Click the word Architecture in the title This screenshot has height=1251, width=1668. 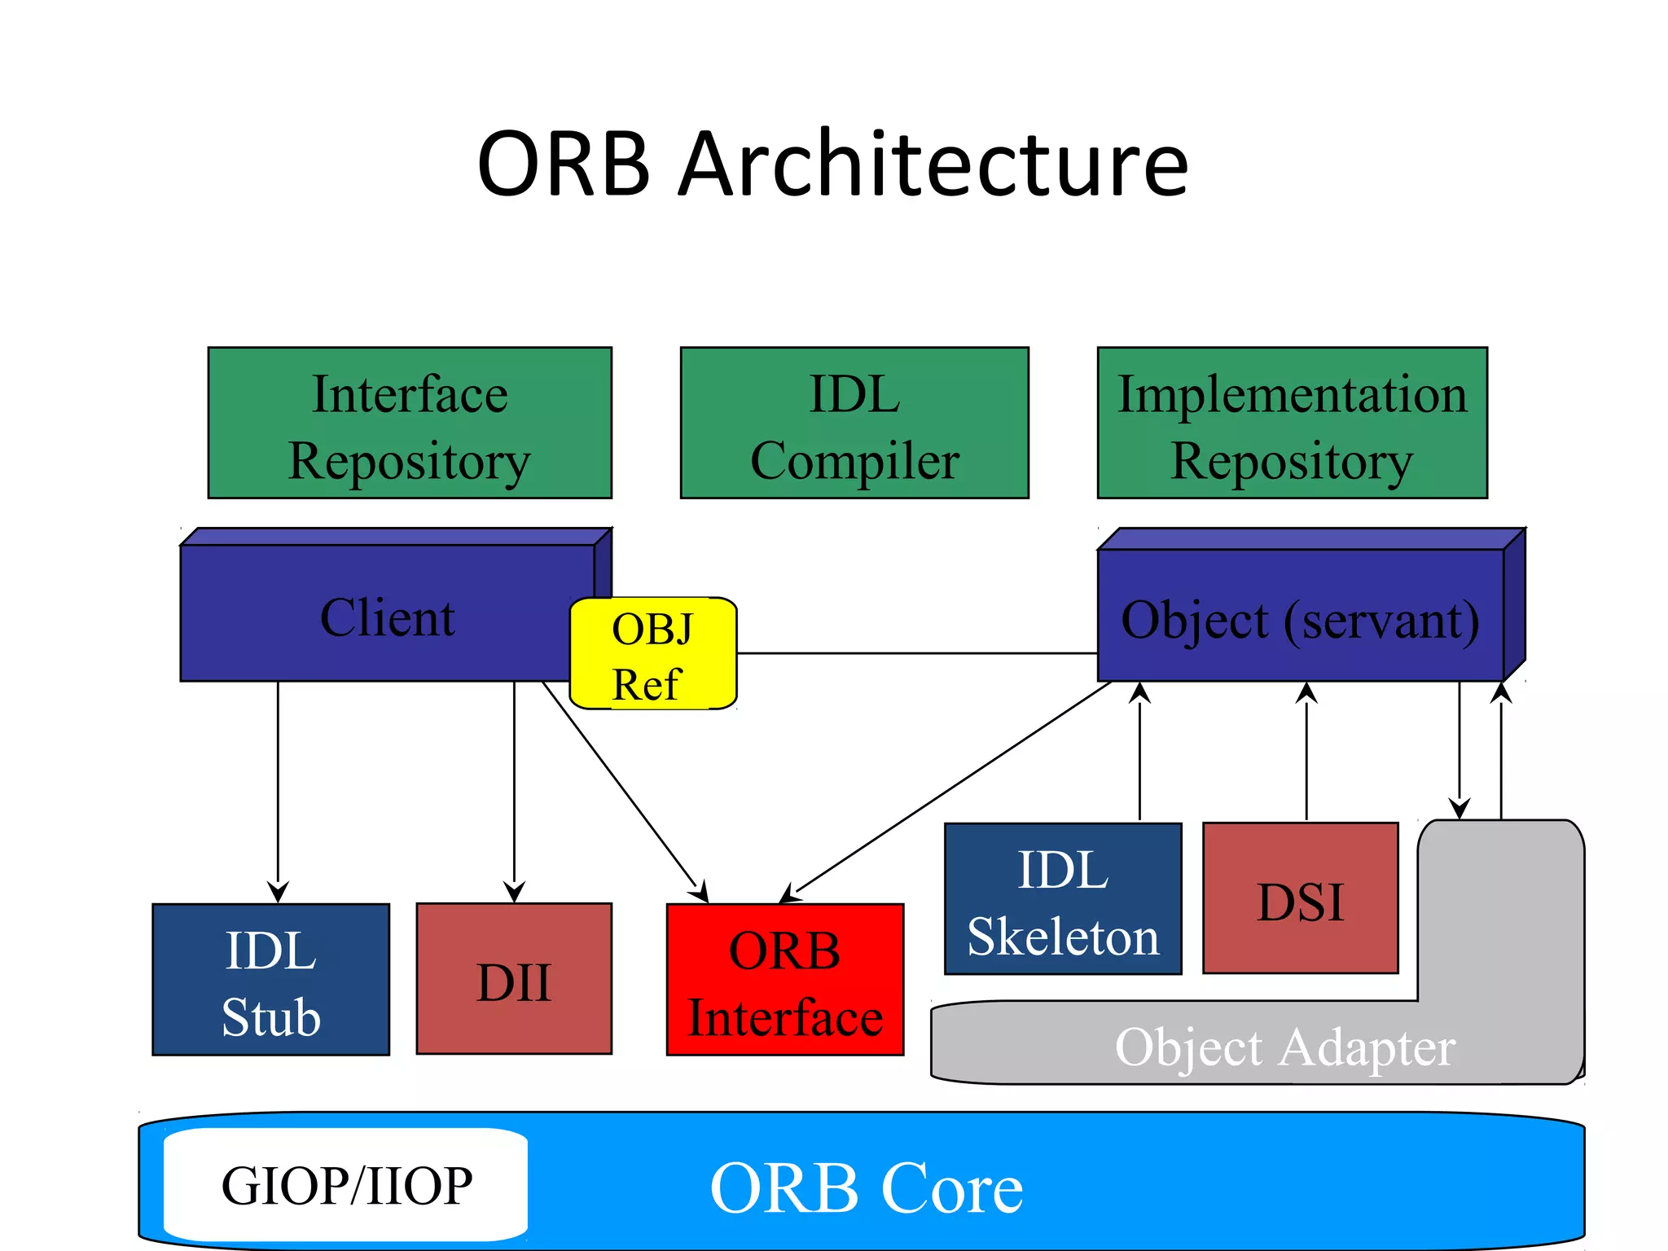pos(933,165)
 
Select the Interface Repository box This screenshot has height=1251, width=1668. pos(410,424)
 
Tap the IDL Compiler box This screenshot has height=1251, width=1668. pos(854,424)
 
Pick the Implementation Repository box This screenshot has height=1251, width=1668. pos(1292,424)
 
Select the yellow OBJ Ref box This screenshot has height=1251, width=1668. pos(652,654)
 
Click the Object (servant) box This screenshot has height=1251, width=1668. pos(1300,618)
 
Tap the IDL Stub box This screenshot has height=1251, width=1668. pos(270,980)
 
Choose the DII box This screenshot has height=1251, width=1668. pos(514,980)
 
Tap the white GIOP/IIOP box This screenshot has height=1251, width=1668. pos(346,1185)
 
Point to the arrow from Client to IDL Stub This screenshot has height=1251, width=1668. pos(278,790)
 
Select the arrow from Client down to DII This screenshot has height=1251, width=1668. pos(514,790)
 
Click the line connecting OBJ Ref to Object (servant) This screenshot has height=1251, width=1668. pos(916,653)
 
